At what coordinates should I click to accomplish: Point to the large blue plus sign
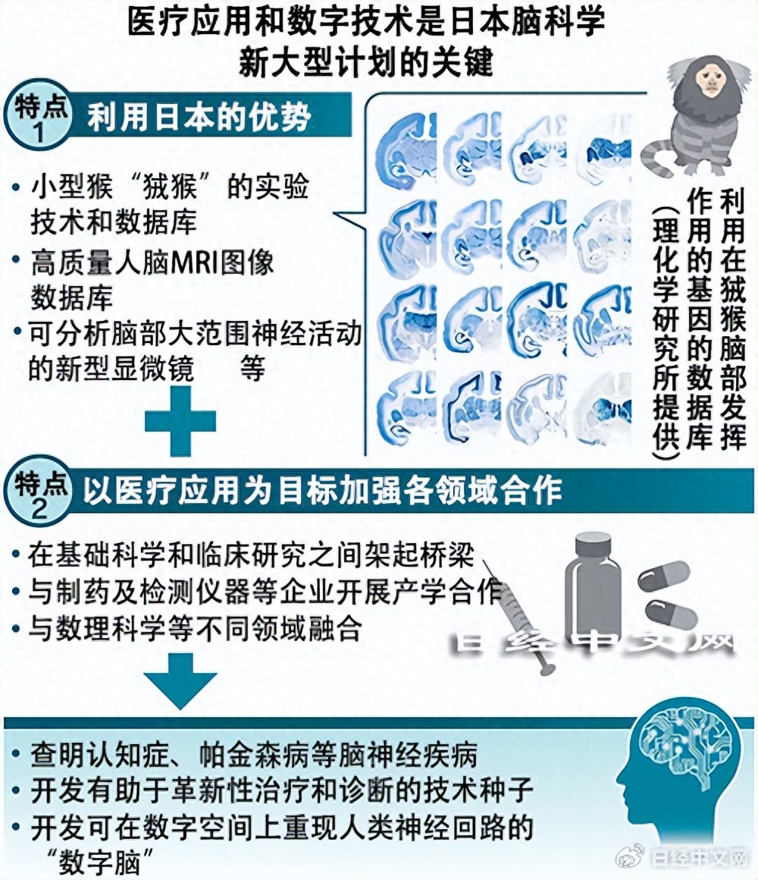(x=180, y=422)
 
